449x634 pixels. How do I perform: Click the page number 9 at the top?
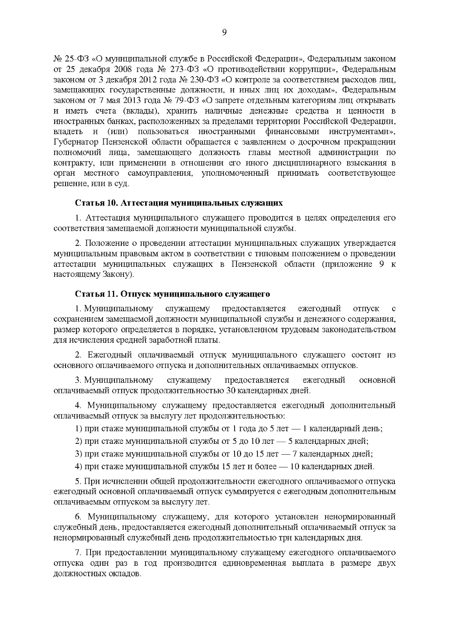coord(224,33)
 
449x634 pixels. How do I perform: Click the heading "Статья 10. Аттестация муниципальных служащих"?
coord(179,203)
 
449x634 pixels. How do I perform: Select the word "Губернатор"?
coord(76,142)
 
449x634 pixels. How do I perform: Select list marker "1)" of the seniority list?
coord(79,429)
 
